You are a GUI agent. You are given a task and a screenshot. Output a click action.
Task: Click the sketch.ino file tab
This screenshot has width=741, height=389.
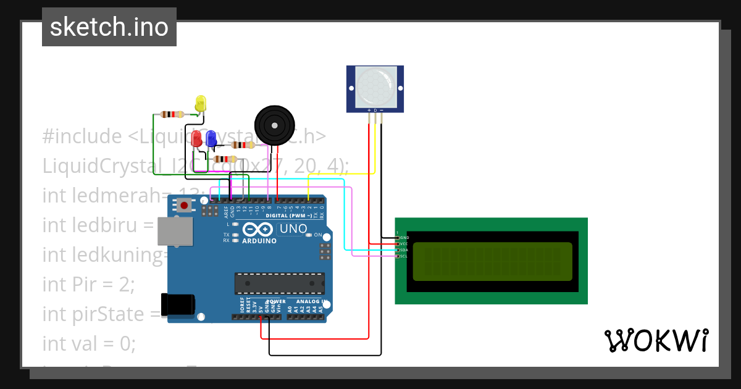(x=109, y=27)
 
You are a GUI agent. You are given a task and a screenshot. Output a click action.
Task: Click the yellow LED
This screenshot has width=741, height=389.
(x=200, y=103)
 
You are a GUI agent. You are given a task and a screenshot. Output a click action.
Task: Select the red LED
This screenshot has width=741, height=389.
(x=196, y=138)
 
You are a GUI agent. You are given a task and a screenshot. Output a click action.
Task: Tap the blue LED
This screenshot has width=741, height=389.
(x=211, y=138)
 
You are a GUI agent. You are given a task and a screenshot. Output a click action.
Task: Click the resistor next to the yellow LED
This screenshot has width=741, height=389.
(x=172, y=114)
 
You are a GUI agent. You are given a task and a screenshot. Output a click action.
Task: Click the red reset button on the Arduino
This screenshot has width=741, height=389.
(x=184, y=205)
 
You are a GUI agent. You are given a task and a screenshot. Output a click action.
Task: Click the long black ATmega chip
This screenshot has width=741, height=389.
(x=279, y=283)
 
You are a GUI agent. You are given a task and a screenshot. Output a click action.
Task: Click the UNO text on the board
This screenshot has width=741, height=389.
(x=293, y=229)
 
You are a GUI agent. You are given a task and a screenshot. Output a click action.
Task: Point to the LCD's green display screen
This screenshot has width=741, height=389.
(x=492, y=261)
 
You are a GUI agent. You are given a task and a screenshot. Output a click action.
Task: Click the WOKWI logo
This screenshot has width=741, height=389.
(x=656, y=340)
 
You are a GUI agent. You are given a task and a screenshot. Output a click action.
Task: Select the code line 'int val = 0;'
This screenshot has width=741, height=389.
(x=89, y=343)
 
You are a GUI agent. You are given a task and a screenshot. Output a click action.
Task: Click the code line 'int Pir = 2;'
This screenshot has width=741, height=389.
(x=88, y=284)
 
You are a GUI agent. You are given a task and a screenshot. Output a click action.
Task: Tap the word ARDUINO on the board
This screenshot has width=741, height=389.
(x=259, y=241)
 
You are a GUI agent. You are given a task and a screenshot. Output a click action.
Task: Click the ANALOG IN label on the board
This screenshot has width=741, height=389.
(x=307, y=301)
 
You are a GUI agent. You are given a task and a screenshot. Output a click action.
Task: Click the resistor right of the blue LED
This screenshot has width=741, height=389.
(x=243, y=145)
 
